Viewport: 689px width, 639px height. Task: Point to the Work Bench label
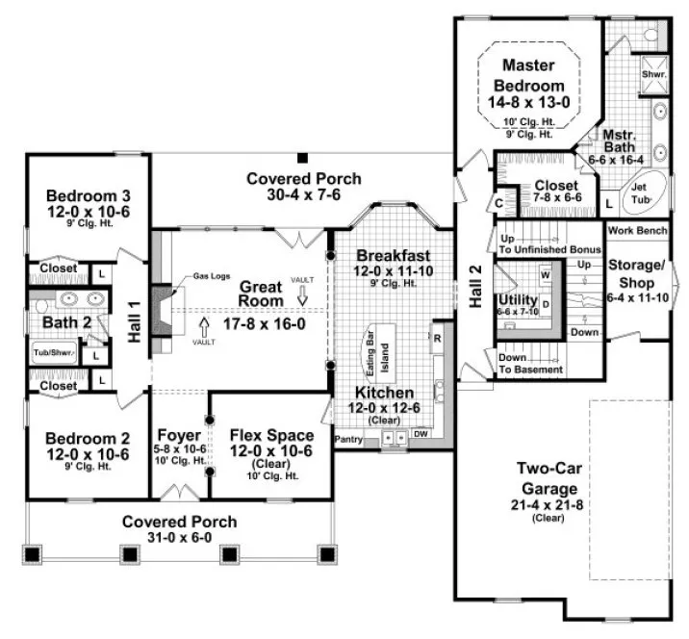[636, 232]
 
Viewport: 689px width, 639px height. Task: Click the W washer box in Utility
[545, 275]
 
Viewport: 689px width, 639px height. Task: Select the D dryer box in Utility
[545, 305]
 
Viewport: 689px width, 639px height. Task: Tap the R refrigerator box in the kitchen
[437, 338]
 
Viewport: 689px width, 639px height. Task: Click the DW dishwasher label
[421, 434]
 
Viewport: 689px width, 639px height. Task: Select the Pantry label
[346, 439]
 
